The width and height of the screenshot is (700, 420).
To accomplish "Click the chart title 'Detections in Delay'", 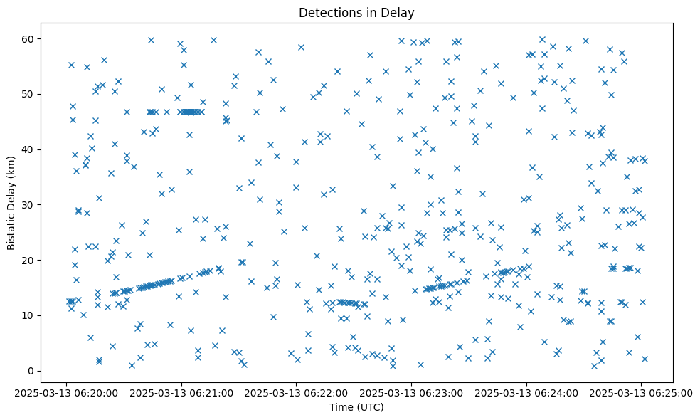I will tap(356, 13).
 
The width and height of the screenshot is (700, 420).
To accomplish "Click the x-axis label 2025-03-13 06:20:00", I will tap(66, 392).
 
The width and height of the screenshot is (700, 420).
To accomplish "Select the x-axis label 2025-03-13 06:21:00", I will tap(181, 392).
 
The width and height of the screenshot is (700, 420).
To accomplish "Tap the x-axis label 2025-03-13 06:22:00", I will tap(297, 392).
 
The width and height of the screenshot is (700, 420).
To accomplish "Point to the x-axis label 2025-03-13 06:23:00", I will tap(411, 392).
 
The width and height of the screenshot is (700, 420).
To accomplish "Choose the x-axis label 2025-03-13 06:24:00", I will tap(526, 392).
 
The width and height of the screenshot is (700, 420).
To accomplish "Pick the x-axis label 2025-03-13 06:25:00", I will tap(642, 392).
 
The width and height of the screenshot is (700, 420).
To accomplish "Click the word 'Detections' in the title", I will tap(327, 13).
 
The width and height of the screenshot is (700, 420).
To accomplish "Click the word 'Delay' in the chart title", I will tap(401, 13).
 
